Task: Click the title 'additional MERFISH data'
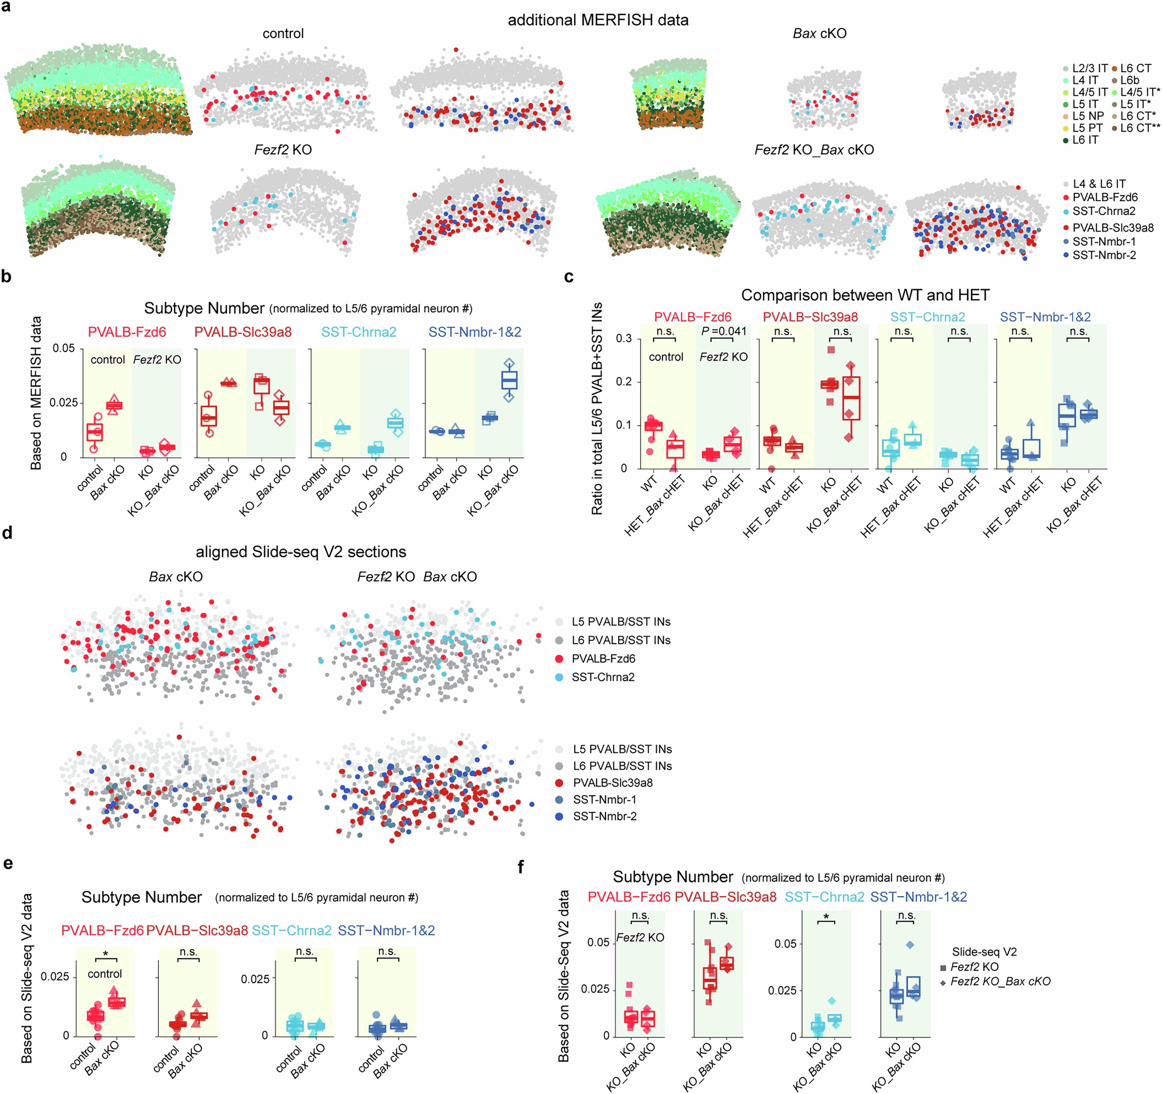click(597, 20)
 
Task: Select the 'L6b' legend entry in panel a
click(1129, 80)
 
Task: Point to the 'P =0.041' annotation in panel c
click(723, 331)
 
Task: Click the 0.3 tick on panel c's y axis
click(624, 338)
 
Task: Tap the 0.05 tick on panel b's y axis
click(64, 348)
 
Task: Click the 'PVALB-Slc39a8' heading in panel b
click(242, 332)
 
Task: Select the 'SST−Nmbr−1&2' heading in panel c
click(1045, 317)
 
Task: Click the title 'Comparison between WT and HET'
click(865, 295)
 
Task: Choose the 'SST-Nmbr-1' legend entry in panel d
click(604, 799)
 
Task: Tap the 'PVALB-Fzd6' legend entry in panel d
click(603, 659)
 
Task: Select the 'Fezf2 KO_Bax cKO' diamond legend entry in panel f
click(999, 981)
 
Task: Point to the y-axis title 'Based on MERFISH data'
click(36, 393)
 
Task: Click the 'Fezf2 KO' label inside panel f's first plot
click(640, 937)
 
